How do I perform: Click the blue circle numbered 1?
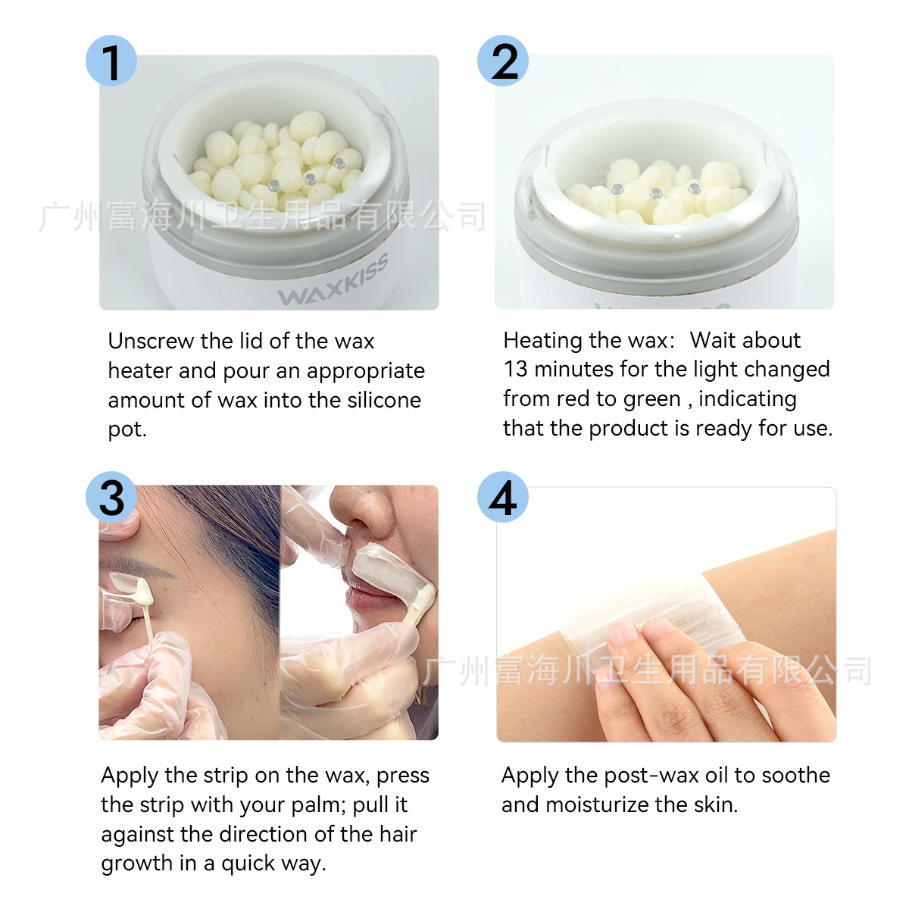pyautogui.click(x=111, y=61)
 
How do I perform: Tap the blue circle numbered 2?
pyautogui.click(x=503, y=61)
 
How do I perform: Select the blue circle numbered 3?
pyautogui.click(x=111, y=497)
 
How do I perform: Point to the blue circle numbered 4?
pyautogui.click(x=503, y=498)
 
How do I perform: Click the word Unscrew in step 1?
pyautogui.click(x=151, y=341)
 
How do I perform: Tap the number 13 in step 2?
pyautogui.click(x=515, y=369)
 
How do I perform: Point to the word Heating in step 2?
pyautogui.click(x=545, y=341)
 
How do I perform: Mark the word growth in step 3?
pyautogui.click(x=136, y=864)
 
